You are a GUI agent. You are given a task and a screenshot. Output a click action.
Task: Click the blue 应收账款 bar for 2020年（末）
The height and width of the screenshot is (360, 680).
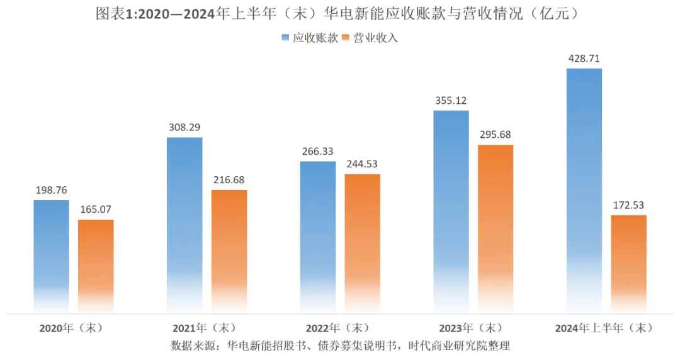click(x=51, y=255)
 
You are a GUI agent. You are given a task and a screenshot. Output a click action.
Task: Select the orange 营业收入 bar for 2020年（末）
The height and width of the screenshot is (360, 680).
click(x=96, y=264)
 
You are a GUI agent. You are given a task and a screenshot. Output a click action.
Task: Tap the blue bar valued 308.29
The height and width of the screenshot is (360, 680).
click(x=184, y=223)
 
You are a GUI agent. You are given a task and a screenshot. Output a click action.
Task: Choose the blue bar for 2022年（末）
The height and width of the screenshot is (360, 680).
click(x=318, y=236)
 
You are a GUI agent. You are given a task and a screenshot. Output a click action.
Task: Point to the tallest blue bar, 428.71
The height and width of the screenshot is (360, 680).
click(x=584, y=189)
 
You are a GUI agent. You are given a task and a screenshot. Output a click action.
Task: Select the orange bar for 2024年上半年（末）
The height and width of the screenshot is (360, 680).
click(x=629, y=262)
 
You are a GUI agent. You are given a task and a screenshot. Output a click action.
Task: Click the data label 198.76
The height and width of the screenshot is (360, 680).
click(x=52, y=190)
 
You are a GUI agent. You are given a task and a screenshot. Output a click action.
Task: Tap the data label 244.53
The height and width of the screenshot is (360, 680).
click(x=362, y=164)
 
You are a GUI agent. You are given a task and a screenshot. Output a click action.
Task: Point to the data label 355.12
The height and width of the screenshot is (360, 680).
click(x=451, y=101)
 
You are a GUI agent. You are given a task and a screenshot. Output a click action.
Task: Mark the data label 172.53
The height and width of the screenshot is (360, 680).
click(x=628, y=205)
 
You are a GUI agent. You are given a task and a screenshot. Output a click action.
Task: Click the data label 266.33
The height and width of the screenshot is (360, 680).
click(x=318, y=151)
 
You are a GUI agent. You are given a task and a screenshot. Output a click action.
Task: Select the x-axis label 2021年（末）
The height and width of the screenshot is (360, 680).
click(x=204, y=328)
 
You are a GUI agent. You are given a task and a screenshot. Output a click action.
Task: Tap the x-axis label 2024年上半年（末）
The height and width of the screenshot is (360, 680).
click(x=604, y=328)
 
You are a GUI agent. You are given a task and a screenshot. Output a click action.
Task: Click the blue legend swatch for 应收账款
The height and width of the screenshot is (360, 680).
click(x=285, y=38)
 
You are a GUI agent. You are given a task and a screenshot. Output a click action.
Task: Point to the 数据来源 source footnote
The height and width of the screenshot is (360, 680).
click(x=340, y=346)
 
